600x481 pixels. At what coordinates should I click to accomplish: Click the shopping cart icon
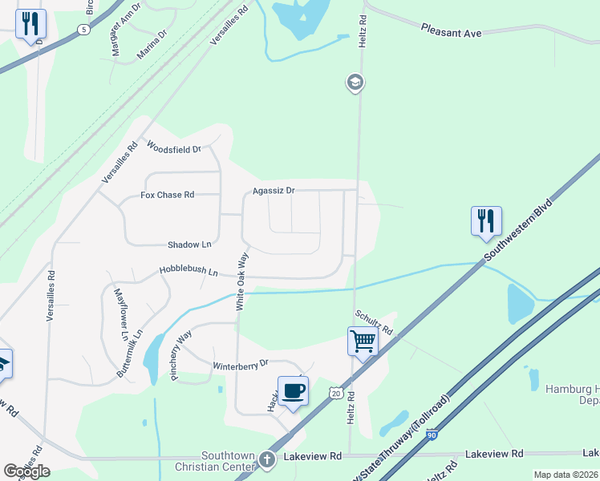363,341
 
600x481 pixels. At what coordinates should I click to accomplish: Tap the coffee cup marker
293,390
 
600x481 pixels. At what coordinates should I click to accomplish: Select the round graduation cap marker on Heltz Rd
355,83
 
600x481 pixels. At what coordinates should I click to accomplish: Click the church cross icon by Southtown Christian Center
267,459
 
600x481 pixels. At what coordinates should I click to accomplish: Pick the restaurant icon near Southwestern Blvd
486,220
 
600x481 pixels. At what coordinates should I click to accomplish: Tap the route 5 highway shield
83,29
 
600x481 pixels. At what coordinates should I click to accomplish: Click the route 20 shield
334,393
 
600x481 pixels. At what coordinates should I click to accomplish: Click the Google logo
26,471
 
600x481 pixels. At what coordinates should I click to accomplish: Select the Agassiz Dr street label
274,191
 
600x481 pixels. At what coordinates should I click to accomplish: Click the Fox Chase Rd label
167,195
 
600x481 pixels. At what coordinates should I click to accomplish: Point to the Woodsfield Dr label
172,147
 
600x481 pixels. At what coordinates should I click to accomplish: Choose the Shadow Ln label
189,245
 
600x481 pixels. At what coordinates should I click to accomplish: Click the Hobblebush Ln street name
189,273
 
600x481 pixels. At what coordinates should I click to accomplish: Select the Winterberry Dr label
239,365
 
